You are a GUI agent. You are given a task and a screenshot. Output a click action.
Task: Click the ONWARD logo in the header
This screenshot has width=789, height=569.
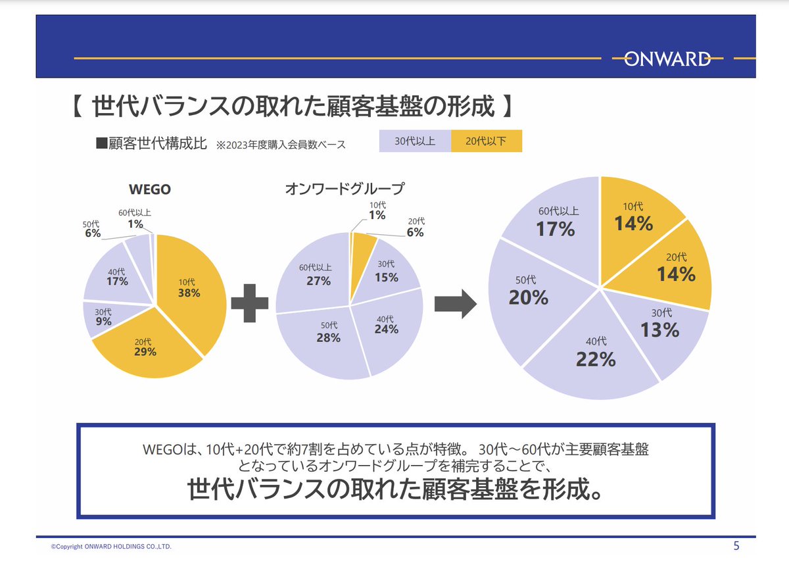tap(667, 59)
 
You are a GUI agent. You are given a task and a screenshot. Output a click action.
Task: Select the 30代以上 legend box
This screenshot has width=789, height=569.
tap(415, 141)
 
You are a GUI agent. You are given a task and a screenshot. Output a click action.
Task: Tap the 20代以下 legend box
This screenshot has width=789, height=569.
tap(487, 141)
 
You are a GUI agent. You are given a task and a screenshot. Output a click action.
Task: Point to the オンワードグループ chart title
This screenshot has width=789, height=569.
tap(345, 189)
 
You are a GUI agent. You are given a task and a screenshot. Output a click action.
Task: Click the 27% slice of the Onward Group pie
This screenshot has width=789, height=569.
tap(314, 276)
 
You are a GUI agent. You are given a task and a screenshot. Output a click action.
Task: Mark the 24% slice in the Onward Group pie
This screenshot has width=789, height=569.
tap(388, 329)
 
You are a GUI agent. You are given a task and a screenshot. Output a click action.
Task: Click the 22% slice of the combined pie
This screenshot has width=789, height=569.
tap(595, 355)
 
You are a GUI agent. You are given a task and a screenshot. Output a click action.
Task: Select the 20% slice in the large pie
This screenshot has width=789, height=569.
tap(529, 296)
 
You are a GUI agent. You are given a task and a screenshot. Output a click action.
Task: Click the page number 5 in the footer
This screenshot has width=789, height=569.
tap(736, 545)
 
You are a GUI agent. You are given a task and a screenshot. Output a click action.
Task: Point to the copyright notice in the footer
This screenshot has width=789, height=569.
tap(112, 547)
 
